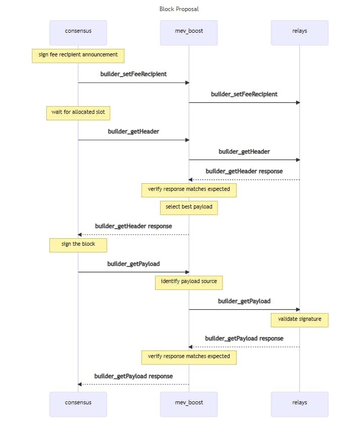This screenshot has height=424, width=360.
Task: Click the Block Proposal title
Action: click(179, 9)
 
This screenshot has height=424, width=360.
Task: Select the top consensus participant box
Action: click(78, 33)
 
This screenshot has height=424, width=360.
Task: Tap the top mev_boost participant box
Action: click(189, 33)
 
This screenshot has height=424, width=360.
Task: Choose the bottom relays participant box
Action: click(300, 404)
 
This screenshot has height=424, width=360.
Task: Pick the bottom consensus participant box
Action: click(78, 404)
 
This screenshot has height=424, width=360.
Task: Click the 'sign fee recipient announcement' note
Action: click(78, 56)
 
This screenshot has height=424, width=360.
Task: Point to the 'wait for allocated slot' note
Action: click(78, 113)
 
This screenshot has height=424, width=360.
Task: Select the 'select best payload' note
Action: click(189, 208)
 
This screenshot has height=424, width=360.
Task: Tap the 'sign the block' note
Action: click(78, 245)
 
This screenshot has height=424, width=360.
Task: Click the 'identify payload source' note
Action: click(189, 282)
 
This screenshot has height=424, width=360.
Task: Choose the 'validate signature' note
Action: click(300, 320)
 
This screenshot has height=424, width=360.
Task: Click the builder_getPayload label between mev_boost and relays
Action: click(244, 301)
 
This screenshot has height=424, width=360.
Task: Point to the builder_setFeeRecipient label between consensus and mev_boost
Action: click(133, 74)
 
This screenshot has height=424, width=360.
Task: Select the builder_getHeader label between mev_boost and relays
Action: click(244, 152)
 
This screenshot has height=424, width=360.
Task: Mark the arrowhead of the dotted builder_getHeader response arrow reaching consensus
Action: click(80, 235)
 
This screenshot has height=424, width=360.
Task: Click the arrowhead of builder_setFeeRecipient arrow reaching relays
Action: click(298, 103)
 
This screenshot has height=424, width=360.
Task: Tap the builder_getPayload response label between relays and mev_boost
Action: click(244, 338)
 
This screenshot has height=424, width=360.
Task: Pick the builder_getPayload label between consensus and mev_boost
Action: click(133, 264)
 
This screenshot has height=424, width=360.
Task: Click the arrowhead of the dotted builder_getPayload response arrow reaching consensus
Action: click(80, 384)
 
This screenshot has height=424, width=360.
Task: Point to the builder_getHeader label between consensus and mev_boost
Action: click(133, 132)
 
